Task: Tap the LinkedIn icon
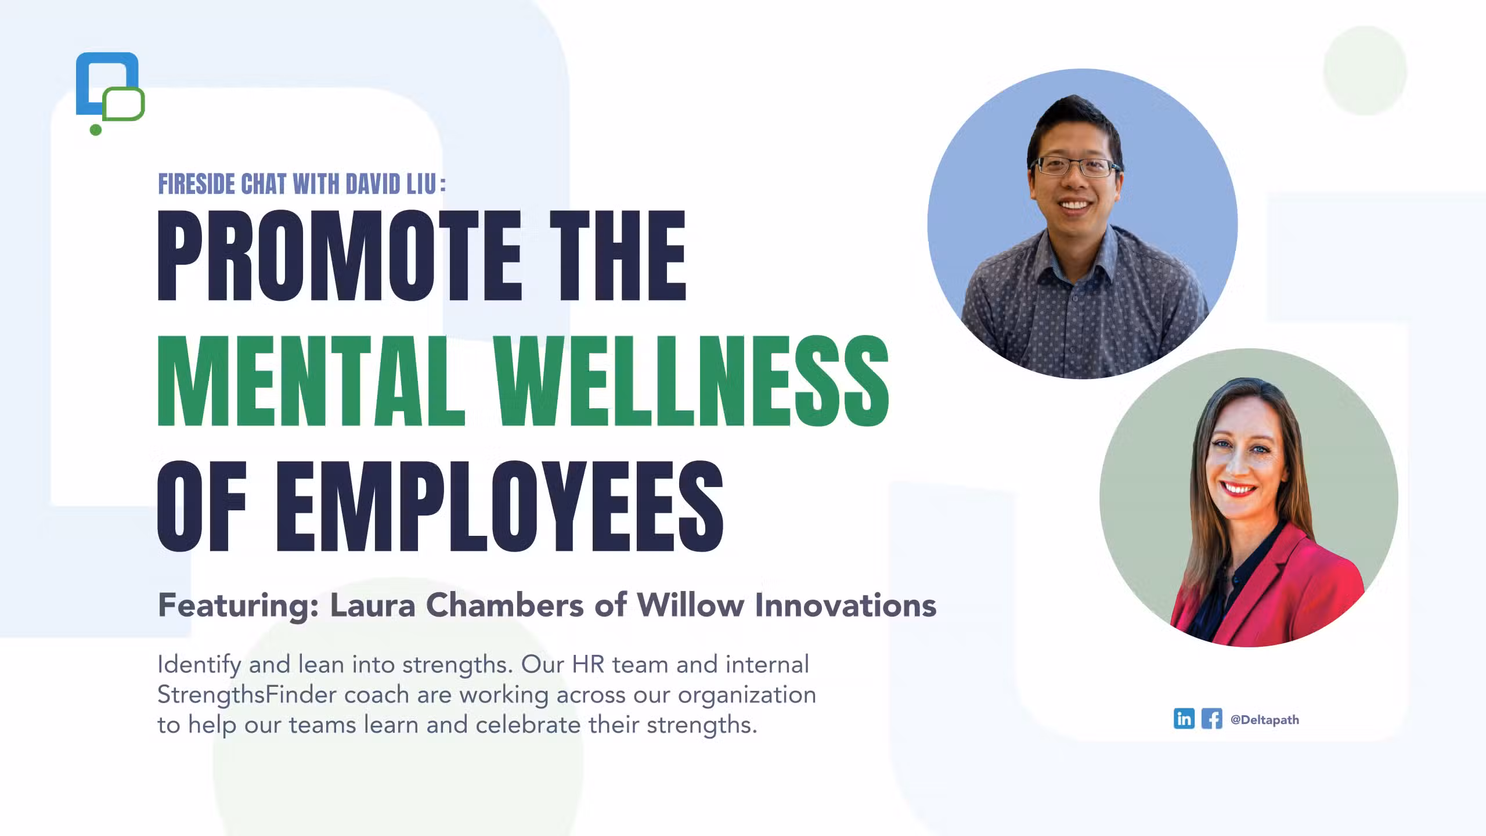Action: (x=1184, y=719)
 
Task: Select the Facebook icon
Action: (x=1211, y=719)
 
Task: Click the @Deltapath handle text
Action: (x=1265, y=720)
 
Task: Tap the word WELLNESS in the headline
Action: (x=693, y=381)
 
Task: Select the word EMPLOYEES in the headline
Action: (x=500, y=506)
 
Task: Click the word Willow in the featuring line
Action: (x=691, y=605)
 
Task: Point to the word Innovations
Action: (x=846, y=605)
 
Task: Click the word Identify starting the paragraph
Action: (x=199, y=665)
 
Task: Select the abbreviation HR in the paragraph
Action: (x=589, y=664)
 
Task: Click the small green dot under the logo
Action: (x=96, y=130)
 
